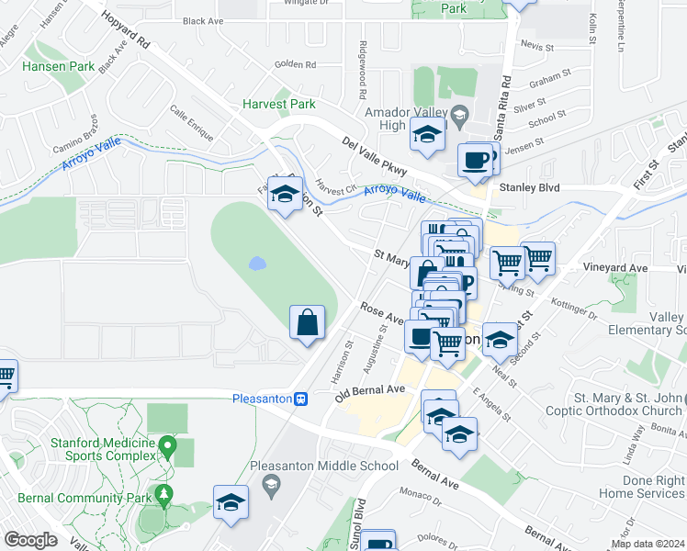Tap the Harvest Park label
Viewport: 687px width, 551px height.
[278, 104]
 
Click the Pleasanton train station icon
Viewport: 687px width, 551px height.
[300, 399]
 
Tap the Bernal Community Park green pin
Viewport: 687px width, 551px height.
[164, 495]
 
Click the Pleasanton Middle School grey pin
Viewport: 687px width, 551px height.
[269, 483]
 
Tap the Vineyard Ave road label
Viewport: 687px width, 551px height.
[615, 268]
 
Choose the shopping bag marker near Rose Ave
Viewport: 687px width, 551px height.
[308, 323]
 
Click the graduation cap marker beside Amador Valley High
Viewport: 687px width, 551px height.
[427, 134]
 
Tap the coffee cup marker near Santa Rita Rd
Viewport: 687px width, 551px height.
[475, 160]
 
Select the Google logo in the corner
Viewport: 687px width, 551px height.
[30, 540]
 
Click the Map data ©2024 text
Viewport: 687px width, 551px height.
[648, 544]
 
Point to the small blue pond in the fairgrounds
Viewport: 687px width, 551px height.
[257, 264]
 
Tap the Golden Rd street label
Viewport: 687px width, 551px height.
[295, 65]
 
